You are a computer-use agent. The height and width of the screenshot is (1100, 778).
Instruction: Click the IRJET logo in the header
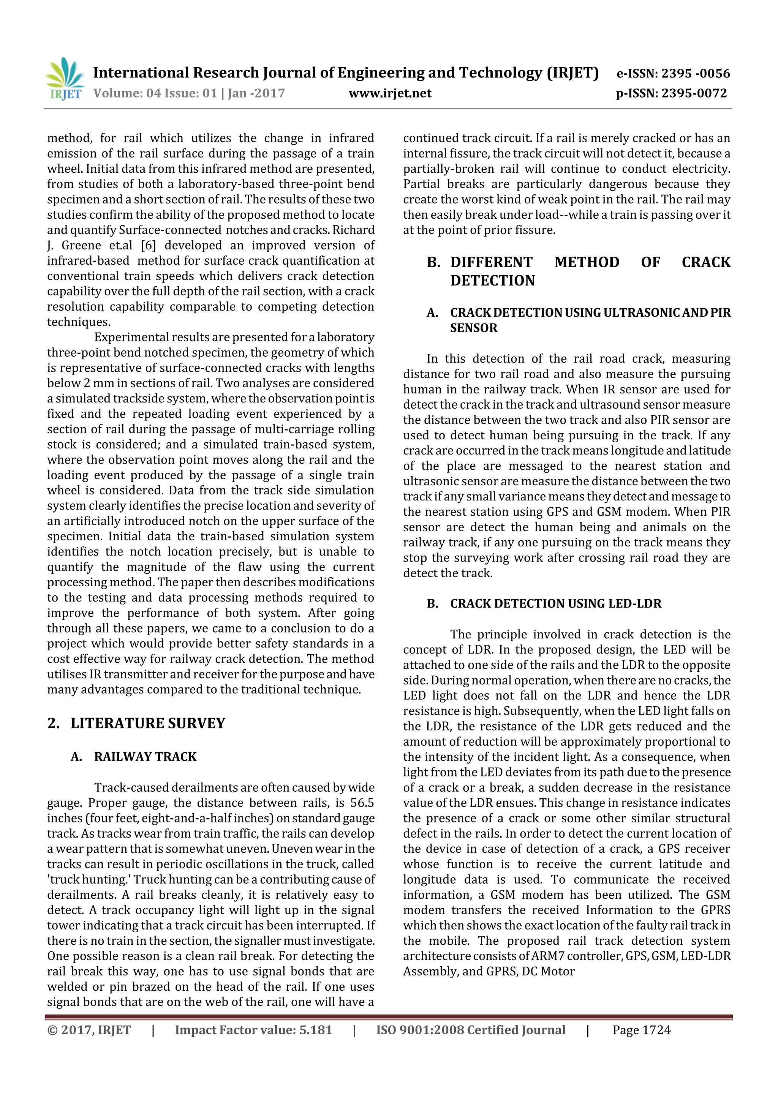[65, 79]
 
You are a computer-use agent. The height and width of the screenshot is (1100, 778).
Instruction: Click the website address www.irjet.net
[390, 93]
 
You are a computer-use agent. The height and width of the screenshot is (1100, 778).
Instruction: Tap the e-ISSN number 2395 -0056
[696, 73]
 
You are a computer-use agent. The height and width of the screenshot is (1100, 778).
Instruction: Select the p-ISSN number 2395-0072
[694, 93]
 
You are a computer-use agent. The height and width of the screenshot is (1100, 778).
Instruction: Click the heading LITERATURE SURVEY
[148, 723]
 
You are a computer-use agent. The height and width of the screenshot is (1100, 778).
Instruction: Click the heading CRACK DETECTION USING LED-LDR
[555, 604]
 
